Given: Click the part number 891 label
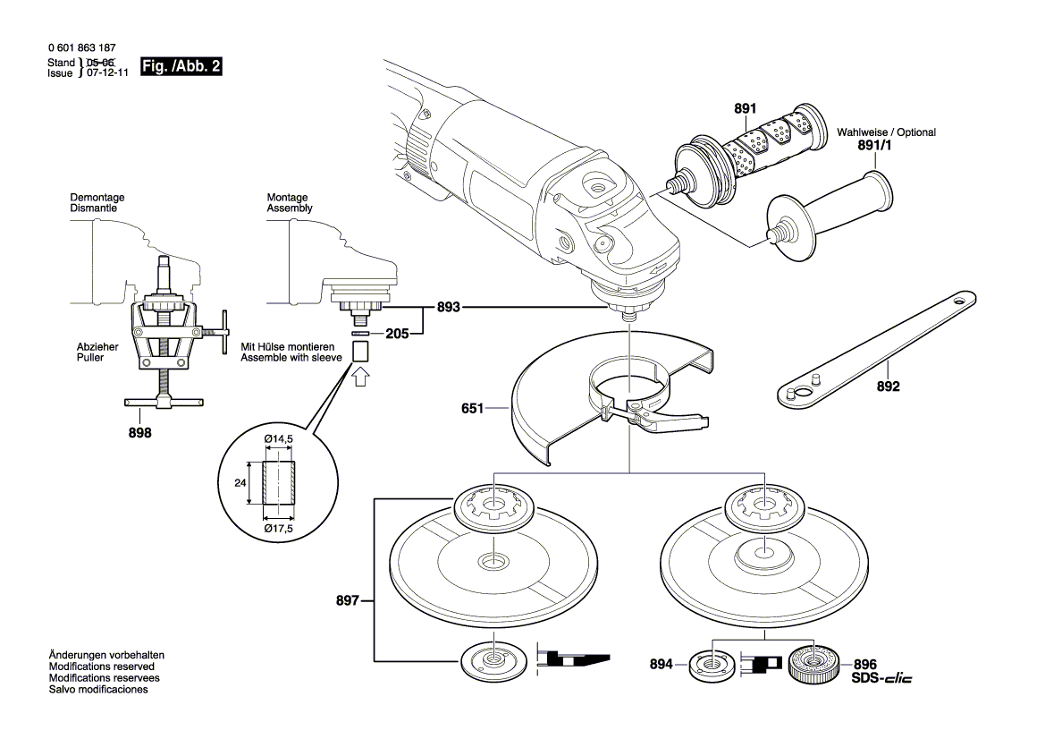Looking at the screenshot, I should tap(745, 109).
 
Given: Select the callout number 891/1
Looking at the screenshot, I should tap(876, 145).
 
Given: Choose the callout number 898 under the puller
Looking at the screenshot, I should tap(140, 433).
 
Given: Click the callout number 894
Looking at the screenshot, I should tap(662, 665).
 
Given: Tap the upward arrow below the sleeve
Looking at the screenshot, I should tap(359, 378).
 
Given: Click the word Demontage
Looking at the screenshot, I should tap(97, 197).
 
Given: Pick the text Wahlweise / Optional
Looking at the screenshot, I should tap(885, 132).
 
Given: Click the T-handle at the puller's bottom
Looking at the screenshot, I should tap(164, 403).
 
